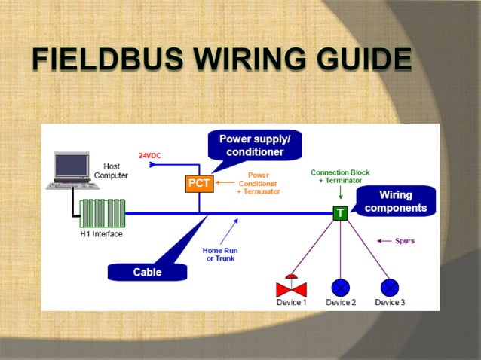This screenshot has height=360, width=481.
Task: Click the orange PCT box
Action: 199,183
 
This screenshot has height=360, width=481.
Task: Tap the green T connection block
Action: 340,213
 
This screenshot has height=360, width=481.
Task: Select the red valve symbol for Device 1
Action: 291,288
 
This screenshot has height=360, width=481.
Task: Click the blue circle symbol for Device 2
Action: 340,288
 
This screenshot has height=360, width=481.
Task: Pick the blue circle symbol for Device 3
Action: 389,288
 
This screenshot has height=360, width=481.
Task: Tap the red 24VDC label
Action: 149,155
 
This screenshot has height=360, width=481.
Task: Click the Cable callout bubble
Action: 147,272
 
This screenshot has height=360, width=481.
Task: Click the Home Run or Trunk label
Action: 221,255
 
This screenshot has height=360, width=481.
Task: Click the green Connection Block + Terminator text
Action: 340,176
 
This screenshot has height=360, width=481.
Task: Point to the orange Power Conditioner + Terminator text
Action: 259,184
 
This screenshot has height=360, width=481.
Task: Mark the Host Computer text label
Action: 110,170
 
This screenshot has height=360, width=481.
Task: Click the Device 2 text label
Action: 340,302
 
